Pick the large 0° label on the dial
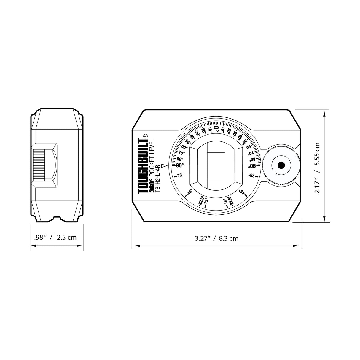pos(216,128)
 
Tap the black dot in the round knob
pos(281,165)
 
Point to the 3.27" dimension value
pos(203,238)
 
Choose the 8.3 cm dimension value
pos(229,238)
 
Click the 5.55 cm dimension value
pos(317,154)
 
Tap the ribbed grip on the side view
pos(38,165)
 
